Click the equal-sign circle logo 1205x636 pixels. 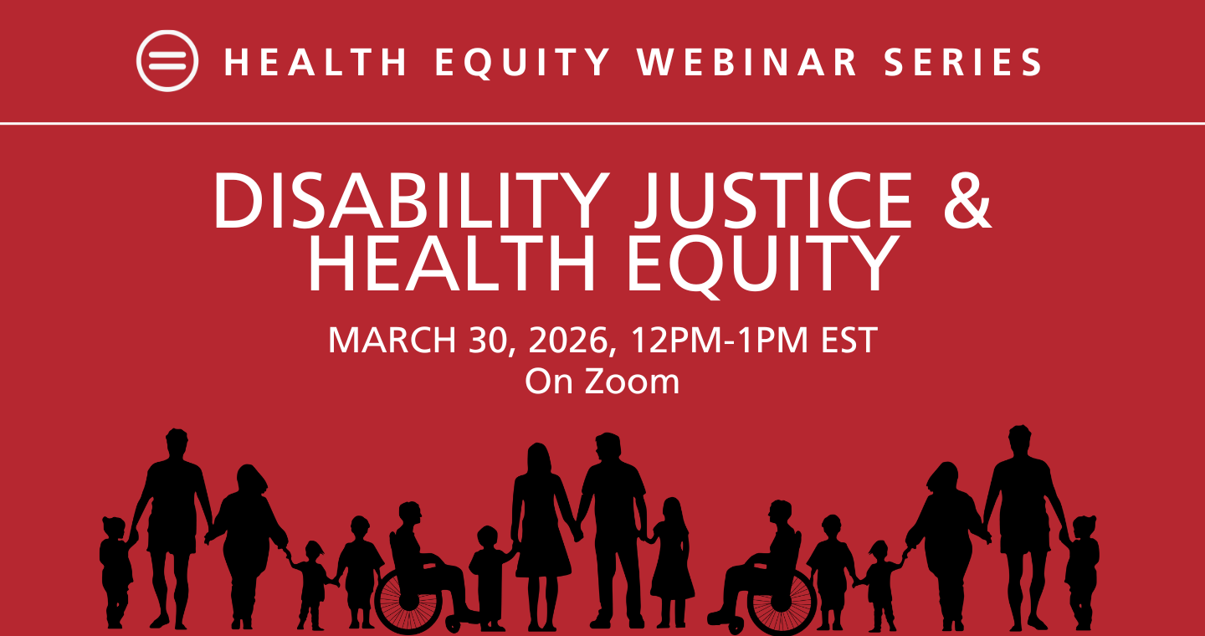[167, 61]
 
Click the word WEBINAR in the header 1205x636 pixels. [748, 63]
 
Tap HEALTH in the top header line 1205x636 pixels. [316, 63]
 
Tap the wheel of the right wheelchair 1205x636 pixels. [782, 602]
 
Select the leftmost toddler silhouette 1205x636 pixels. [115, 569]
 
